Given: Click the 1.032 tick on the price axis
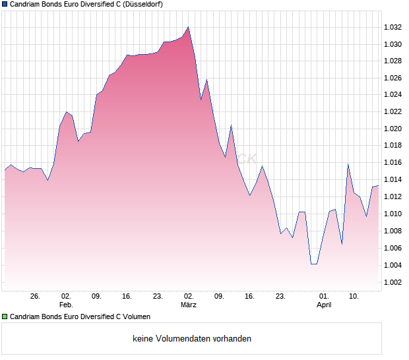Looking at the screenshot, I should [x=393, y=28].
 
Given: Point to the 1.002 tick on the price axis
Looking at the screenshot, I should [x=393, y=282].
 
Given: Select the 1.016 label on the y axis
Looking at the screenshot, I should [x=393, y=162].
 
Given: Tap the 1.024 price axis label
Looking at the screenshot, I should [x=393, y=95].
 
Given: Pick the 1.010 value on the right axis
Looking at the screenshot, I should [x=393, y=214].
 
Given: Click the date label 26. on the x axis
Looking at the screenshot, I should [x=36, y=297].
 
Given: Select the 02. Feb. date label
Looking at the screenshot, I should [x=66, y=301].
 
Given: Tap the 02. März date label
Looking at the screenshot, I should [x=189, y=301].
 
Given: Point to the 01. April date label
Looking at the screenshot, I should [x=323, y=301].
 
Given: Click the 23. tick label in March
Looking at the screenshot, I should [x=280, y=297].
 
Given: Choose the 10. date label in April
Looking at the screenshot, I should [x=354, y=297].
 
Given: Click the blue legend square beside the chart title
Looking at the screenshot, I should [x=5, y=4].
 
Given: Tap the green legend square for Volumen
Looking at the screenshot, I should [x=5, y=316].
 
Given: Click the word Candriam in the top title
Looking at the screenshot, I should [x=27, y=4].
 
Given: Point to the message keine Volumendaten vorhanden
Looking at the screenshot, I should [x=192, y=339].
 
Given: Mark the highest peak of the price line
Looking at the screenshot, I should [x=188, y=27].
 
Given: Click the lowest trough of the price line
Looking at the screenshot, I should [x=313, y=264].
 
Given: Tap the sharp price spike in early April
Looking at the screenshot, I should [x=348, y=164].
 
